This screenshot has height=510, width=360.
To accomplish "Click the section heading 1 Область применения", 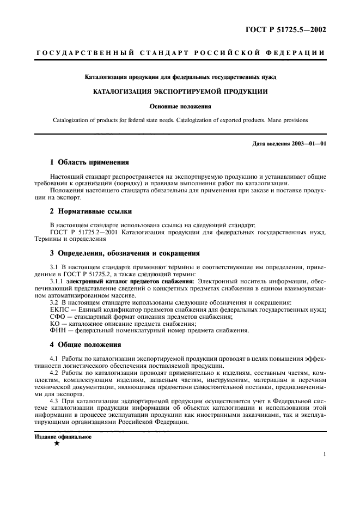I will pos(89,162).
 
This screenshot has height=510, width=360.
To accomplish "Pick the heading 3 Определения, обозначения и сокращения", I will pos(125,253).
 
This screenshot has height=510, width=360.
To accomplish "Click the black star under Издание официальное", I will pos(57,444).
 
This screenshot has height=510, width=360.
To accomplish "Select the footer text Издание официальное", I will pos(63,436).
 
